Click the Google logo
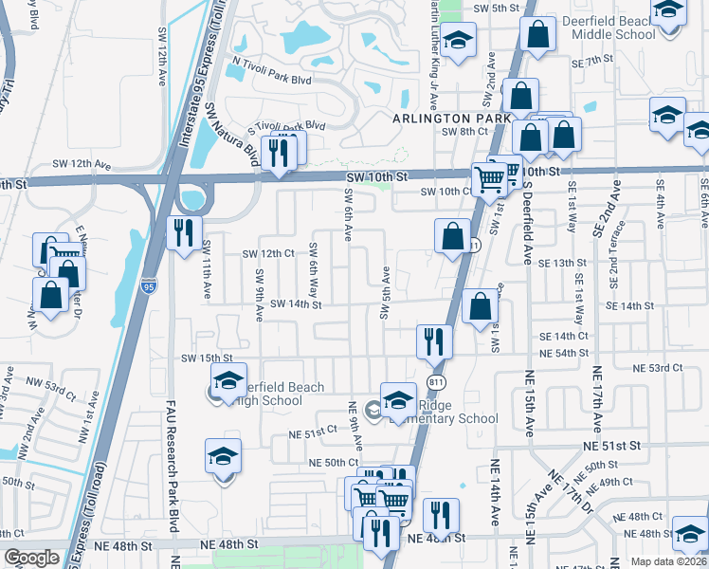[x=32, y=558]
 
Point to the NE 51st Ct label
[x=314, y=431]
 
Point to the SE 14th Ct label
[x=564, y=337]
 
